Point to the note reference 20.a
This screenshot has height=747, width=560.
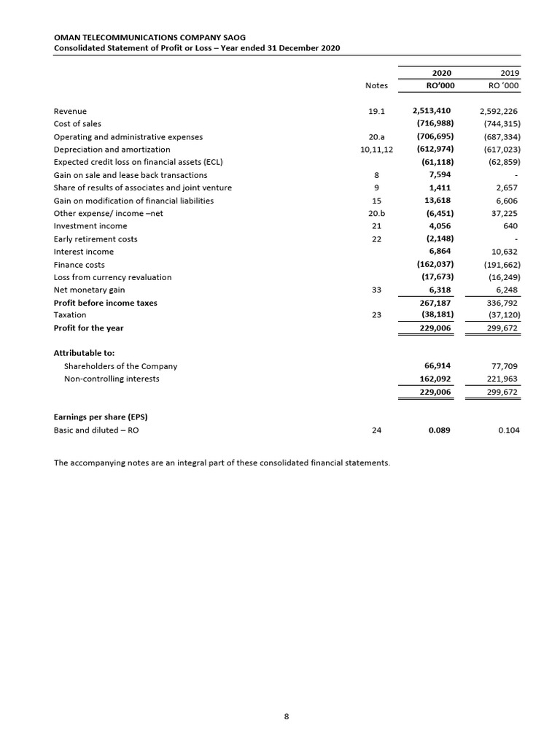376,136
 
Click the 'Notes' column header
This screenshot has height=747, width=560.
376,85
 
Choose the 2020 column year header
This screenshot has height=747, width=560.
442,73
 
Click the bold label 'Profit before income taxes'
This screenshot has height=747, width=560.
106,303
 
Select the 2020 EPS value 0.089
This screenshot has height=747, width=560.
439,430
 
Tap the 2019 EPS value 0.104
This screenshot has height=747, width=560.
508,430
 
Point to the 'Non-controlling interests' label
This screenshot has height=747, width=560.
112,379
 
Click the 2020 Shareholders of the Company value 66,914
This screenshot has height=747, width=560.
437,365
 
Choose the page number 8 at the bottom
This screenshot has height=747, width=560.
287,716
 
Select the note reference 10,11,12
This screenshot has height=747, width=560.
377,150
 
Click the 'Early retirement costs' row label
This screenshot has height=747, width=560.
96,239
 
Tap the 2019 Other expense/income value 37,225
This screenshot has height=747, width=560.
505,213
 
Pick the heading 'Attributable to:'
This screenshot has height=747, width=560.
84,352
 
